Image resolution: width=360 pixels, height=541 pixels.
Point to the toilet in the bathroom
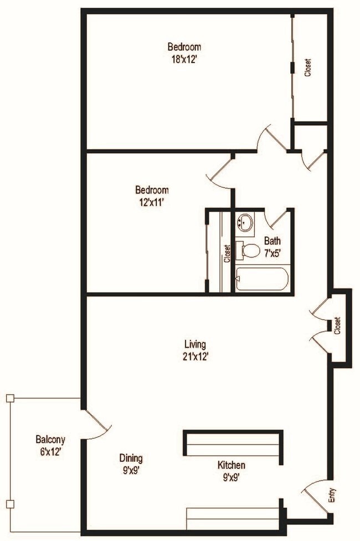pos(250,251)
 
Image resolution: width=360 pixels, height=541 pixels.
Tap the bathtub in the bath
pos(261,278)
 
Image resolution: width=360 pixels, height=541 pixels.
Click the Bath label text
pos(272,241)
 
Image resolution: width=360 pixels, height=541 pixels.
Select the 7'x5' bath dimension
pos(272,252)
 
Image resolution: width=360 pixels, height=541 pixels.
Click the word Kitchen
pos(232,465)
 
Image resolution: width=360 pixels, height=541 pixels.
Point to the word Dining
pos(131,458)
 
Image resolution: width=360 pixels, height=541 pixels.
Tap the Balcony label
pos(50,440)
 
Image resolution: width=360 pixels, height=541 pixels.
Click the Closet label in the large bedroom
pos(308,67)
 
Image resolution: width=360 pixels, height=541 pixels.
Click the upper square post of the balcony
pos(9,397)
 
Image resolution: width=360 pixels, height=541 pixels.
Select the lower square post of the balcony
pos(9,503)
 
